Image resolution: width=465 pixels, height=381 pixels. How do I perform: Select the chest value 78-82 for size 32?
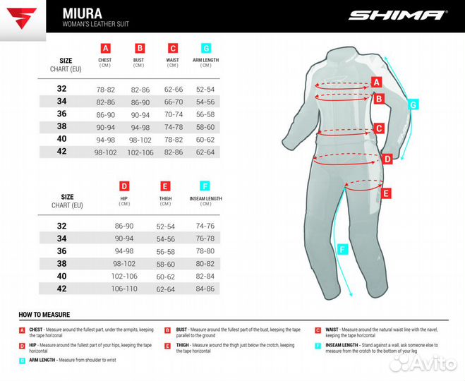tap(105, 90)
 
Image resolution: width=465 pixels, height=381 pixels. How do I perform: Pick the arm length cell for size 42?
tap(205, 152)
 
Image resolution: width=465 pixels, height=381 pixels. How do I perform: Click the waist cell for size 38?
tap(173, 127)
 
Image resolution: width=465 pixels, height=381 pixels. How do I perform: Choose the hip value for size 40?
tap(123, 276)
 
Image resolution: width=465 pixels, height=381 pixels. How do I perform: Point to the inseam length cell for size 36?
tap(205, 250)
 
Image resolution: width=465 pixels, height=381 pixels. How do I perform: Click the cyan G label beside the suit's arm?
tap(414, 104)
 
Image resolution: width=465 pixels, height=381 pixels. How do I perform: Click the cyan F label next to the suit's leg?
tap(343, 248)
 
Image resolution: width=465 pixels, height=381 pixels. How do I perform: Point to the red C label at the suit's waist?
tap(379, 128)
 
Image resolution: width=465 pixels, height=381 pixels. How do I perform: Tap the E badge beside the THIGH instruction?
tap(167, 346)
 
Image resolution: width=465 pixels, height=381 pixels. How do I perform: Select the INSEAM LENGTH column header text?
tap(205, 199)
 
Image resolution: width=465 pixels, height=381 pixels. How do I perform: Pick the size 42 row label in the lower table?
tap(62, 289)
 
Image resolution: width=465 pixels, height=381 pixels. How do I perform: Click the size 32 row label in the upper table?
tap(62, 89)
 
